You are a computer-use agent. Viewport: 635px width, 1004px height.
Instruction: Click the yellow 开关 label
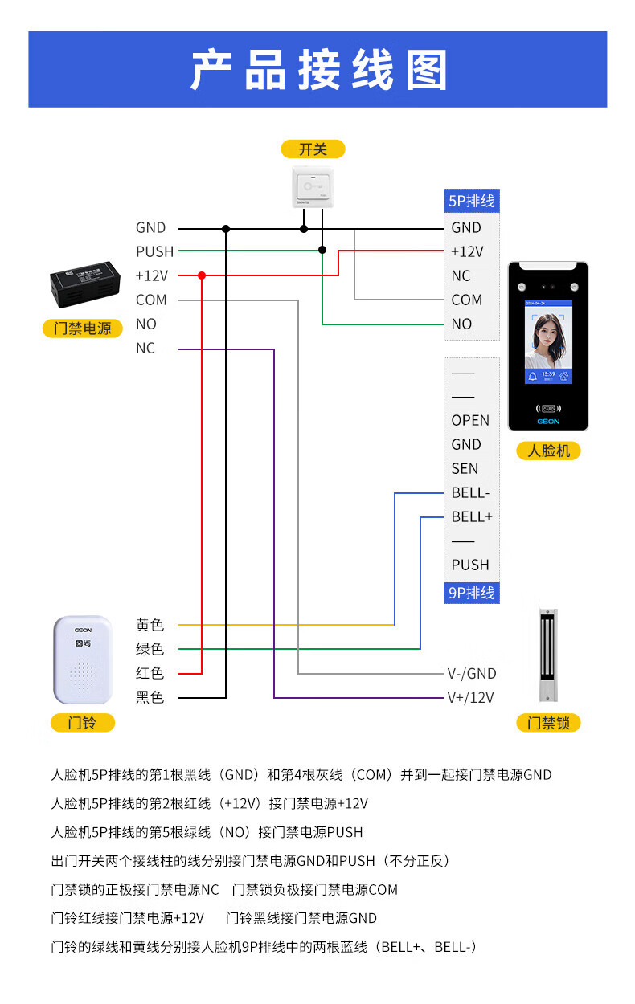(x=313, y=149)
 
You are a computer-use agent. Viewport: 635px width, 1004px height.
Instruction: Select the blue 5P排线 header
(x=472, y=201)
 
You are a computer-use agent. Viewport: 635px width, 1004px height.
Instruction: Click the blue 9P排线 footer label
(x=472, y=593)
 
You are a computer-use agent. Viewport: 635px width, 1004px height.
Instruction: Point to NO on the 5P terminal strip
(x=461, y=324)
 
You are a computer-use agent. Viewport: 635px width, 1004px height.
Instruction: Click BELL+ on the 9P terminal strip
(x=472, y=517)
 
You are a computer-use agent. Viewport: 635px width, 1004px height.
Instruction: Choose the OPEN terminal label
(x=470, y=421)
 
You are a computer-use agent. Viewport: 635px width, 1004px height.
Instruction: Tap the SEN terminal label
(x=465, y=469)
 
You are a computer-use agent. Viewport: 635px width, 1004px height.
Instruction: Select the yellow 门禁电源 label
(x=83, y=328)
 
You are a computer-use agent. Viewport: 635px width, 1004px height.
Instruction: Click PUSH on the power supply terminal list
(x=154, y=252)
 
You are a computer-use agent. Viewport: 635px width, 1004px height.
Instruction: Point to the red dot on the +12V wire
(x=202, y=275)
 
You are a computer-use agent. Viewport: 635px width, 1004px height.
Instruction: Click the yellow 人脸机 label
(x=548, y=451)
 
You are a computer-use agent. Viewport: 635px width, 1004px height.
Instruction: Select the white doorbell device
(x=83, y=659)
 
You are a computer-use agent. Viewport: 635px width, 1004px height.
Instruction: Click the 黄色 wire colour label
(x=150, y=625)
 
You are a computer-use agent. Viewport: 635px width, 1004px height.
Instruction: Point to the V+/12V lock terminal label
(x=471, y=697)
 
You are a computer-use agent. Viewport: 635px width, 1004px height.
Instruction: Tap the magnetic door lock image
(x=548, y=654)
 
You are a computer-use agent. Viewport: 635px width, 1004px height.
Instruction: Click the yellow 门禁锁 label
(x=548, y=723)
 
